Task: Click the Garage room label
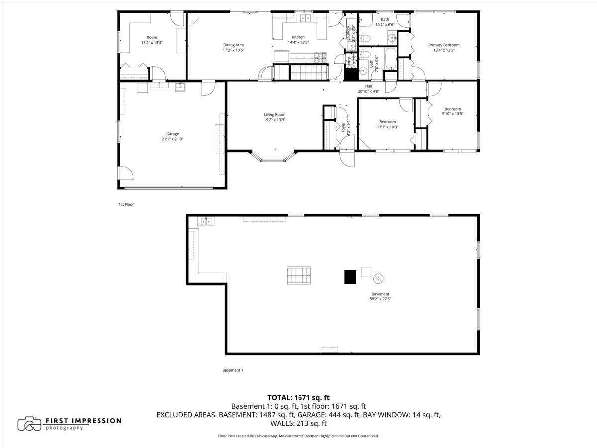172,134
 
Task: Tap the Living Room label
274,115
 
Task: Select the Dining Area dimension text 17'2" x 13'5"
233,50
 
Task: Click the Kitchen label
298,37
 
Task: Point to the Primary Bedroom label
444,45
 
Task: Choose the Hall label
368,86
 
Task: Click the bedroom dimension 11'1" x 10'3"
387,127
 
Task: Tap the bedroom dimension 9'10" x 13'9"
452,114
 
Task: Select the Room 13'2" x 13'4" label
152,43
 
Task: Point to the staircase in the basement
298,275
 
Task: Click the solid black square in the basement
351,277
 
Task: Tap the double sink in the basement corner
205,221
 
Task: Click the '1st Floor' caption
126,204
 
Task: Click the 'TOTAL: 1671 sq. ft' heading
298,397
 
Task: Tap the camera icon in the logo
29,424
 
